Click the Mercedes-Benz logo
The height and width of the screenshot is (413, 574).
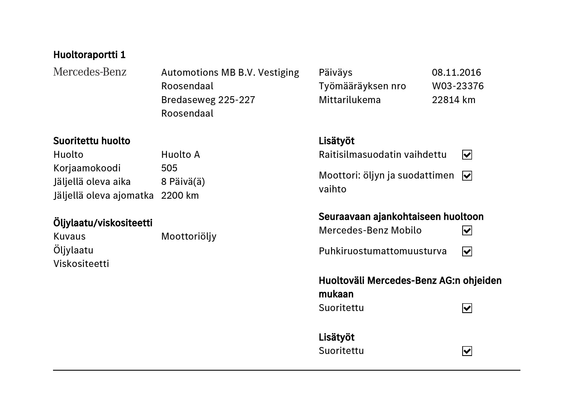[90, 72]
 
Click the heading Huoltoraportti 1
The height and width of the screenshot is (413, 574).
[89, 55]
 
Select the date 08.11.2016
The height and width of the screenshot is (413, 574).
[456, 72]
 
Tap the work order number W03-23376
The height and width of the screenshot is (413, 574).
[458, 86]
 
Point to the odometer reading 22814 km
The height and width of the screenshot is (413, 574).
[453, 100]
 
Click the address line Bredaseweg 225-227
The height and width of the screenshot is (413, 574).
[208, 100]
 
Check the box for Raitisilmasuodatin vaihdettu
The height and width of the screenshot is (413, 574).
[467, 155]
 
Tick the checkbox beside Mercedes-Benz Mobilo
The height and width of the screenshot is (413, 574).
[467, 230]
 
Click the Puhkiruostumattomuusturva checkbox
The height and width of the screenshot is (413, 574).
[467, 251]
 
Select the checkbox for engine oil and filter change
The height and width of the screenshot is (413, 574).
[467, 176]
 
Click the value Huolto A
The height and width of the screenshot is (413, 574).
[180, 155]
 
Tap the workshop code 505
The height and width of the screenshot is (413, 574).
[169, 168]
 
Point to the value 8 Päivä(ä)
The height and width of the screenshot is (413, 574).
[183, 181]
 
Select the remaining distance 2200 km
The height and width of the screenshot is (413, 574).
[180, 195]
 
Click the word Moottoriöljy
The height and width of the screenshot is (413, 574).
[189, 236]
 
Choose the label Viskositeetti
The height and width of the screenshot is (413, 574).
[81, 264]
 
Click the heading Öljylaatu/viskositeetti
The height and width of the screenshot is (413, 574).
[103, 223]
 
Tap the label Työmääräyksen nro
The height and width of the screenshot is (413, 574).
[362, 86]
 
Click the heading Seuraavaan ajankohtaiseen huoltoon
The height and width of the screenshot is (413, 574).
[401, 217]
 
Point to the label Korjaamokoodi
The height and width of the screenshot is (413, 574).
[87, 168]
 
